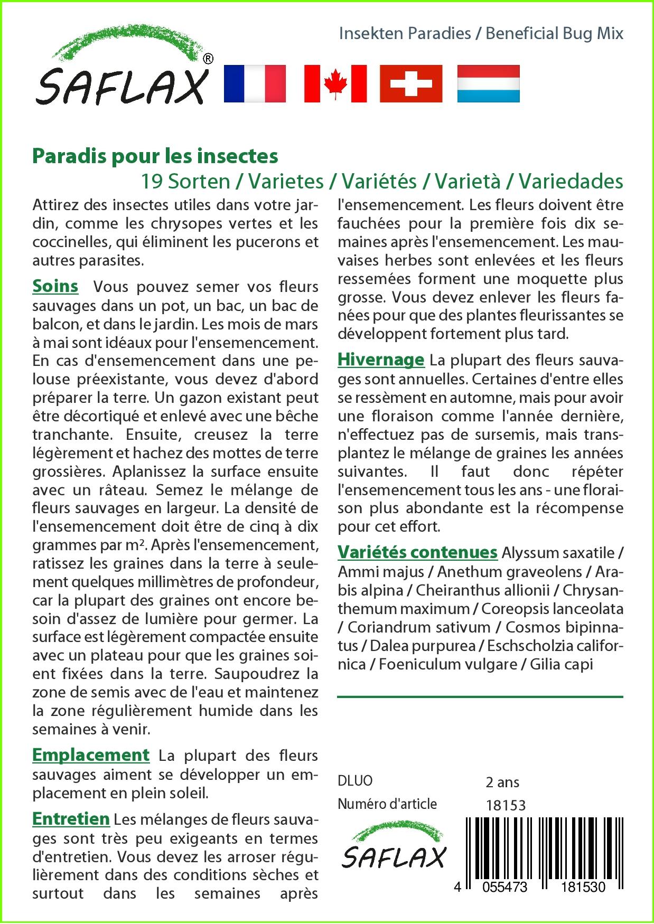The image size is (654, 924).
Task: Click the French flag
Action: (255, 83)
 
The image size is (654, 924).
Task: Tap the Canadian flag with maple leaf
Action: (335, 83)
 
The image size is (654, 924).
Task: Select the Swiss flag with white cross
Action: (411, 83)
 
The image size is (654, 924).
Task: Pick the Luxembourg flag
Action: (488, 83)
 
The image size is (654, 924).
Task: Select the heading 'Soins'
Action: (55, 286)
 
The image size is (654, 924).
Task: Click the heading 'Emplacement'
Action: (91, 755)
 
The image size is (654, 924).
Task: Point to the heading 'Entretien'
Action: (71, 819)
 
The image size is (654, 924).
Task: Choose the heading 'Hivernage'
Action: (381, 360)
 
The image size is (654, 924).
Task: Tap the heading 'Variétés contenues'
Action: (417, 552)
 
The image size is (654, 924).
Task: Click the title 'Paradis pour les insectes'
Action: (155, 156)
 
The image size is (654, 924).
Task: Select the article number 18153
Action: (506, 805)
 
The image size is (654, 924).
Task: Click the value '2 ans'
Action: (502, 782)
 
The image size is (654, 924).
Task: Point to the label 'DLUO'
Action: (355, 781)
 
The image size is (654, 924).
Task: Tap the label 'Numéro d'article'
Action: (387, 804)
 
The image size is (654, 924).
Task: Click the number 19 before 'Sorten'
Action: (152, 181)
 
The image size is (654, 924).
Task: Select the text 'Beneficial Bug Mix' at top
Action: (554, 33)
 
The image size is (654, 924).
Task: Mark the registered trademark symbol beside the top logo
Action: (208, 59)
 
